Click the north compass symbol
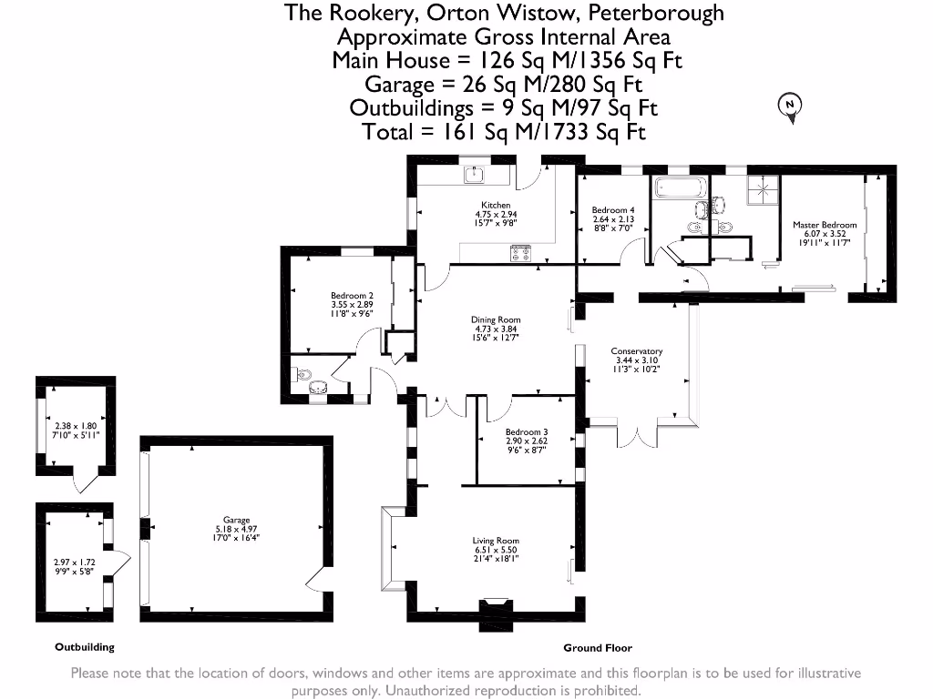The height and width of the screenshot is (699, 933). pos(790,106)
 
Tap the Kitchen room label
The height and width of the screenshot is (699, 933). pos(496,205)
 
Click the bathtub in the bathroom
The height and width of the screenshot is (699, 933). pos(679,189)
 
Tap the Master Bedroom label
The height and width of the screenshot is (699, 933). pos(825,225)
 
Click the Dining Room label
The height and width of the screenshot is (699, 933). pos(496,319)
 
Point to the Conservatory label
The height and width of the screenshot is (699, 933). pos(637,351)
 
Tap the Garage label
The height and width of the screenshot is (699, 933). pos(236,521)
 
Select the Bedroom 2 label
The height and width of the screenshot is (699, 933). pos(352,295)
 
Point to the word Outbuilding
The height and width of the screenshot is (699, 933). pos(85,647)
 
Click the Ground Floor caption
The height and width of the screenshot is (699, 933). pos(598,648)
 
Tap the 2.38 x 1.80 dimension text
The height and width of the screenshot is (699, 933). pos(76,426)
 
